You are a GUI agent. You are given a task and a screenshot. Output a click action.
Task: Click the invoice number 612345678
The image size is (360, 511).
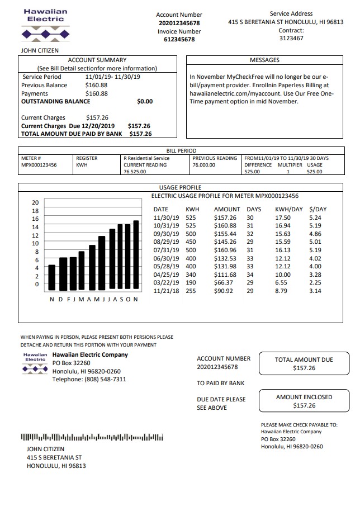point(179,40)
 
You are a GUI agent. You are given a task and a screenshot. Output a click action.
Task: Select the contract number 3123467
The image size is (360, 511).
point(291,39)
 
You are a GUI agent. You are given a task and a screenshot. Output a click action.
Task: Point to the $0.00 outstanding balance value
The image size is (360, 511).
point(144,102)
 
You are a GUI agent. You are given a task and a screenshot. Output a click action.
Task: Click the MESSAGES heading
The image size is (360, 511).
point(264,60)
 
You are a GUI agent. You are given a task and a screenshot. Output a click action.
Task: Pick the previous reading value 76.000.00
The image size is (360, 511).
point(203,165)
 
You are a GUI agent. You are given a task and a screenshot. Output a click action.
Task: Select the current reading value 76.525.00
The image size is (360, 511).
point(135,172)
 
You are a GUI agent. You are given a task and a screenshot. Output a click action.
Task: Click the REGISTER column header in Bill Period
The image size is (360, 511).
point(87,158)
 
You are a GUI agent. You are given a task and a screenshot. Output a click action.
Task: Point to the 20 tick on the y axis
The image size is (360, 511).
point(35,202)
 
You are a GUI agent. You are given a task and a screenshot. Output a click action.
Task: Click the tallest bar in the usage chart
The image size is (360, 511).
point(136,255)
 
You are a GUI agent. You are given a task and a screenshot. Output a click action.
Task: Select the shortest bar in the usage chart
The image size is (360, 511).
point(52,277)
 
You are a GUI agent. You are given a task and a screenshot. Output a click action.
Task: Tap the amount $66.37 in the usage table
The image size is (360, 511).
point(225,283)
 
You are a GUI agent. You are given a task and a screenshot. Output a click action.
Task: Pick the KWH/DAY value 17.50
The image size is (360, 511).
point(283,217)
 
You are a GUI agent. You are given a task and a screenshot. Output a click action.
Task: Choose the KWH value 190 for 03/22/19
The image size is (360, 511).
point(191,283)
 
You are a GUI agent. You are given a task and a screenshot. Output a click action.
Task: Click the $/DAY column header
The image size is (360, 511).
point(318,209)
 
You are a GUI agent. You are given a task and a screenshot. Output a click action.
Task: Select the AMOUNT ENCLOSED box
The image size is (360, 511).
point(304,401)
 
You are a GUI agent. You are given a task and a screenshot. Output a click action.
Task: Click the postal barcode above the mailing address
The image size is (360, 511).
point(92,437)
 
